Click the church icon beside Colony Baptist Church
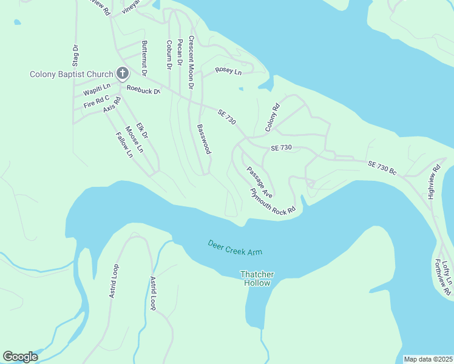(122, 74)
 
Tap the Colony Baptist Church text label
(72, 75)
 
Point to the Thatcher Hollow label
(257, 278)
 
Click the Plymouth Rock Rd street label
(273, 201)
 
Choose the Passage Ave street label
(259, 181)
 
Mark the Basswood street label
(203, 139)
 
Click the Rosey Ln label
(228, 72)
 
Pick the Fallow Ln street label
(124, 143)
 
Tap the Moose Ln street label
(135, 139)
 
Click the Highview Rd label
(434, 181)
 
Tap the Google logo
(20, 357)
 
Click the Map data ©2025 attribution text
(428, 359)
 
